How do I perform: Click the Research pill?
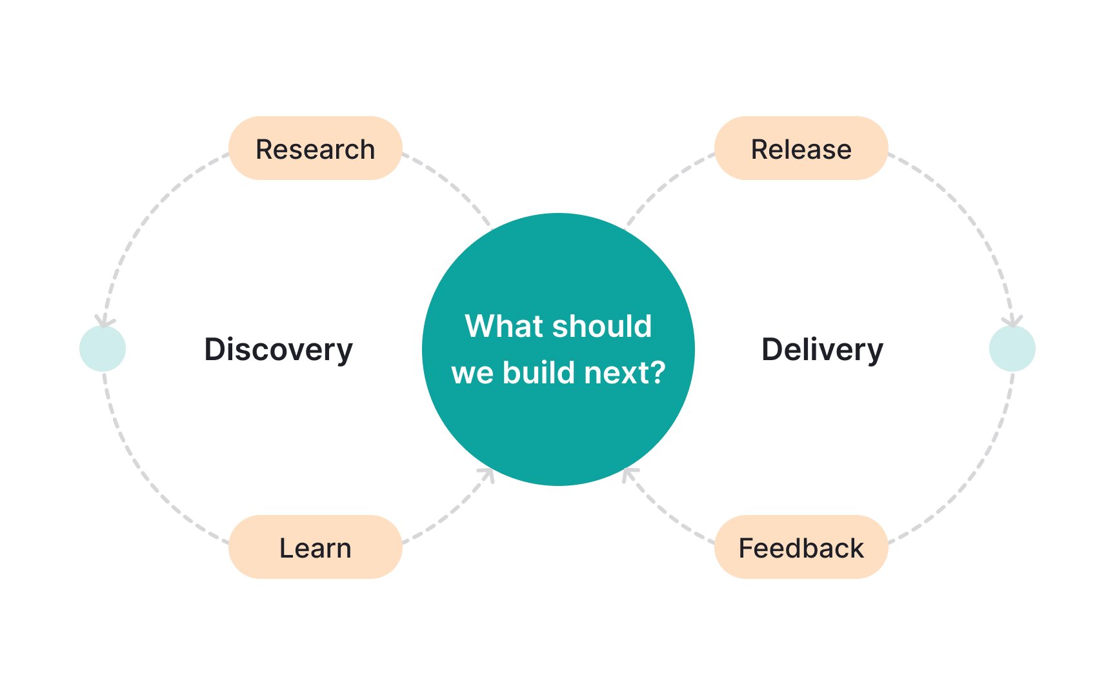pos(316,148)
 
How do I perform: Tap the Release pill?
pos(801,148)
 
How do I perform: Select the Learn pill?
pos(316,547)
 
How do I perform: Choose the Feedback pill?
pos(801,547)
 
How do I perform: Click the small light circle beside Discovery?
pos(103,348)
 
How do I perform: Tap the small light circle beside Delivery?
pos(1012,348)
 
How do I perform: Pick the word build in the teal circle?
pos(539,372)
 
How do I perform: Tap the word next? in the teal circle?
pos(625,372)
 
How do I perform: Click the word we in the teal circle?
pos(473,374)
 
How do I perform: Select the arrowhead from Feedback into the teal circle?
pos(629,476)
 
